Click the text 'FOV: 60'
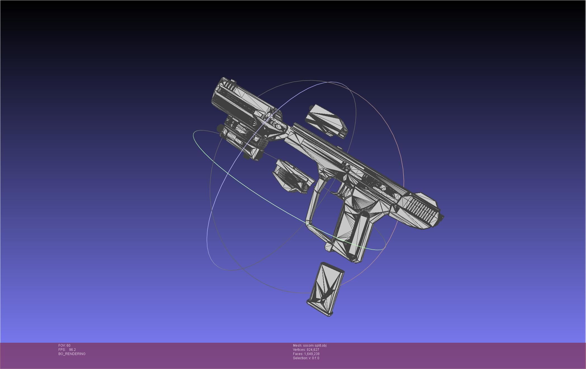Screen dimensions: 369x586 (64, 346)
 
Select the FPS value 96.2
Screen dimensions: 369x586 (72, 350)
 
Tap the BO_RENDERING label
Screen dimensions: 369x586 (72, 354)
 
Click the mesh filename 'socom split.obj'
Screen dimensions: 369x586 (315, 346)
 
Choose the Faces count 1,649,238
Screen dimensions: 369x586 (311, 354)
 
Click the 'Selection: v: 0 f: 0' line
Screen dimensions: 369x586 (306, 358)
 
